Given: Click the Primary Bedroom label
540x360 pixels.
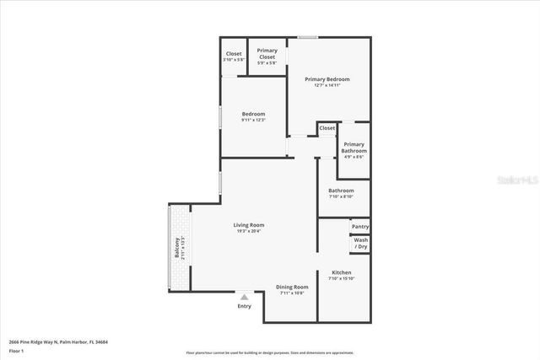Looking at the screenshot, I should pyautogui.click(x=327, y=78).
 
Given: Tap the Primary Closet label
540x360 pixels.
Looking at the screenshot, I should pyautogui.click(x=267, y=50).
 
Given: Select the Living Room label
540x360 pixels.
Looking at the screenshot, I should pyautogui.click(x=249, y=225).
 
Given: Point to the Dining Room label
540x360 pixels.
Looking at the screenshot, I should pyautogui.click(x=292, y=287).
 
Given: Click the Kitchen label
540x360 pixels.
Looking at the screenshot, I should pyautogui.click(x=341, y=272).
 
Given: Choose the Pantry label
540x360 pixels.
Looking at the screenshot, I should pyautogui.click(x=359, y=226).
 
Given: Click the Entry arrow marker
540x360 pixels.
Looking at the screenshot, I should pyautogui.click(x=244, y=297).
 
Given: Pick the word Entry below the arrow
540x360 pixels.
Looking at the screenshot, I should pyautogui.click(x=244, y=306).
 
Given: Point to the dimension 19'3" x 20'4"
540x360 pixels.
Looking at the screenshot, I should pyautogui.click(x=249, y=231).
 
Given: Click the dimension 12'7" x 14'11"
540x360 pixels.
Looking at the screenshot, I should pyautogui.click(x=327, y=84).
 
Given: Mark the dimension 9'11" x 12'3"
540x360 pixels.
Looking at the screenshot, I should pyautogui.click(x=253, y=120).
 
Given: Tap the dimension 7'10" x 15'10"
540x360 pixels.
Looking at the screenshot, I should pyautogui.click(x=341, y=278).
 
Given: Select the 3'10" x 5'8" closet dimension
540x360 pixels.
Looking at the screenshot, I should pyautogui.click(x=233, y=60).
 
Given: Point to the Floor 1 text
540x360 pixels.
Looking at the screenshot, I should pyautogui.click(x=17, y=350).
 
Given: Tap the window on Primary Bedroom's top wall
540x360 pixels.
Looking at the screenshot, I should pyautogui.click(x=307, y=37).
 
